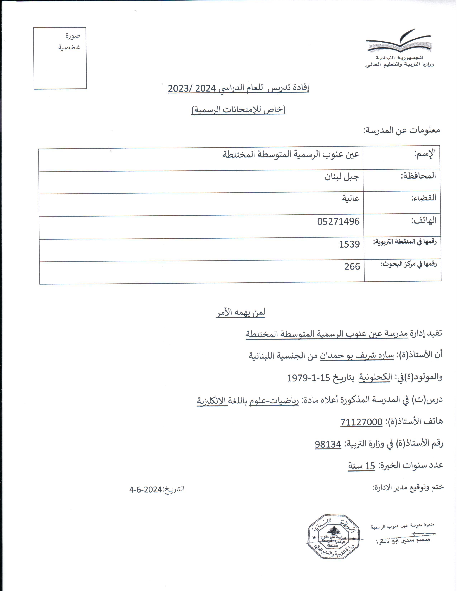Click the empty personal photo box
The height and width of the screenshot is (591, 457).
60,58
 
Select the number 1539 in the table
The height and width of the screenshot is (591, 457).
349,244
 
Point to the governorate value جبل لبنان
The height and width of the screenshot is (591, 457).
342,177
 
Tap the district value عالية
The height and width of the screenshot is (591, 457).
351,198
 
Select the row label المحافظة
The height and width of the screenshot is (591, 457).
418,176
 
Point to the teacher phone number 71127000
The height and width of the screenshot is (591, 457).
361,422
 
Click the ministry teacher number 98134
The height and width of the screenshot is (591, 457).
328,444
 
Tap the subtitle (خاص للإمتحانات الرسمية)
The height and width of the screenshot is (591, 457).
239,110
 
